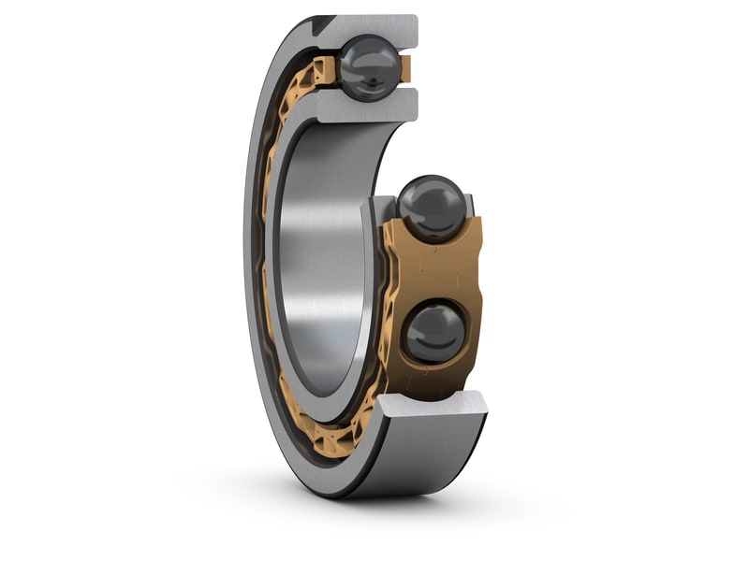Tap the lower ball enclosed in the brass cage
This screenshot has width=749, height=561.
[x=434, y=332]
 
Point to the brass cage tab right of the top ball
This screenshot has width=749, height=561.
[x=405, y=67]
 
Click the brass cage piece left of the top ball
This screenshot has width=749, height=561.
[x=324, y=69]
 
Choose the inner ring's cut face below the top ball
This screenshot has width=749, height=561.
[x=370, y=107]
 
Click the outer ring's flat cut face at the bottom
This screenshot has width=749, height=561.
[x=431, y=403]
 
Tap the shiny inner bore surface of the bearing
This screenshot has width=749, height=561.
[x=323, y=262]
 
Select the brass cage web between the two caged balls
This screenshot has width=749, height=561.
[x=435, y=271]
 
